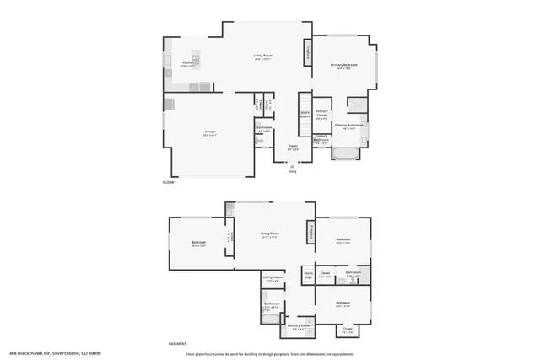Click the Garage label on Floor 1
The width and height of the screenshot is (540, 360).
(210, 134)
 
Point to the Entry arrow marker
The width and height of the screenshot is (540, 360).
(292, 167)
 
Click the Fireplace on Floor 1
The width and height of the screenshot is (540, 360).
(307, 53)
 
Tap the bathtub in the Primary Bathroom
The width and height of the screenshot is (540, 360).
(344, 153)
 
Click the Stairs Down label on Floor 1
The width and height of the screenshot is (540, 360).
(305, 114)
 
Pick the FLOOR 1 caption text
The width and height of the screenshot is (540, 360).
(170, 182)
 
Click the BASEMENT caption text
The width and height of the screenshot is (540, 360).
(178, 344)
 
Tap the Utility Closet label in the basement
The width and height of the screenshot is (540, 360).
(272, 278)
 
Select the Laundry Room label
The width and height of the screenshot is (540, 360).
(299, 325)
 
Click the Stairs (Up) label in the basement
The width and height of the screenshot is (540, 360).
(308, 275)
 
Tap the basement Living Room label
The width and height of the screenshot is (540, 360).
(270, 235)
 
